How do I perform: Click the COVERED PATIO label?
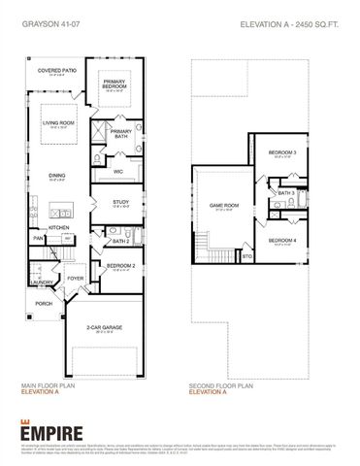57,71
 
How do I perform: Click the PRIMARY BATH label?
121,133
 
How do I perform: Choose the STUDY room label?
120,201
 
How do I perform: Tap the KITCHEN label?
59,228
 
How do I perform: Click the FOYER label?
76,277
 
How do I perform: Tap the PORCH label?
44,304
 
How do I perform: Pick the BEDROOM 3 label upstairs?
281,153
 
